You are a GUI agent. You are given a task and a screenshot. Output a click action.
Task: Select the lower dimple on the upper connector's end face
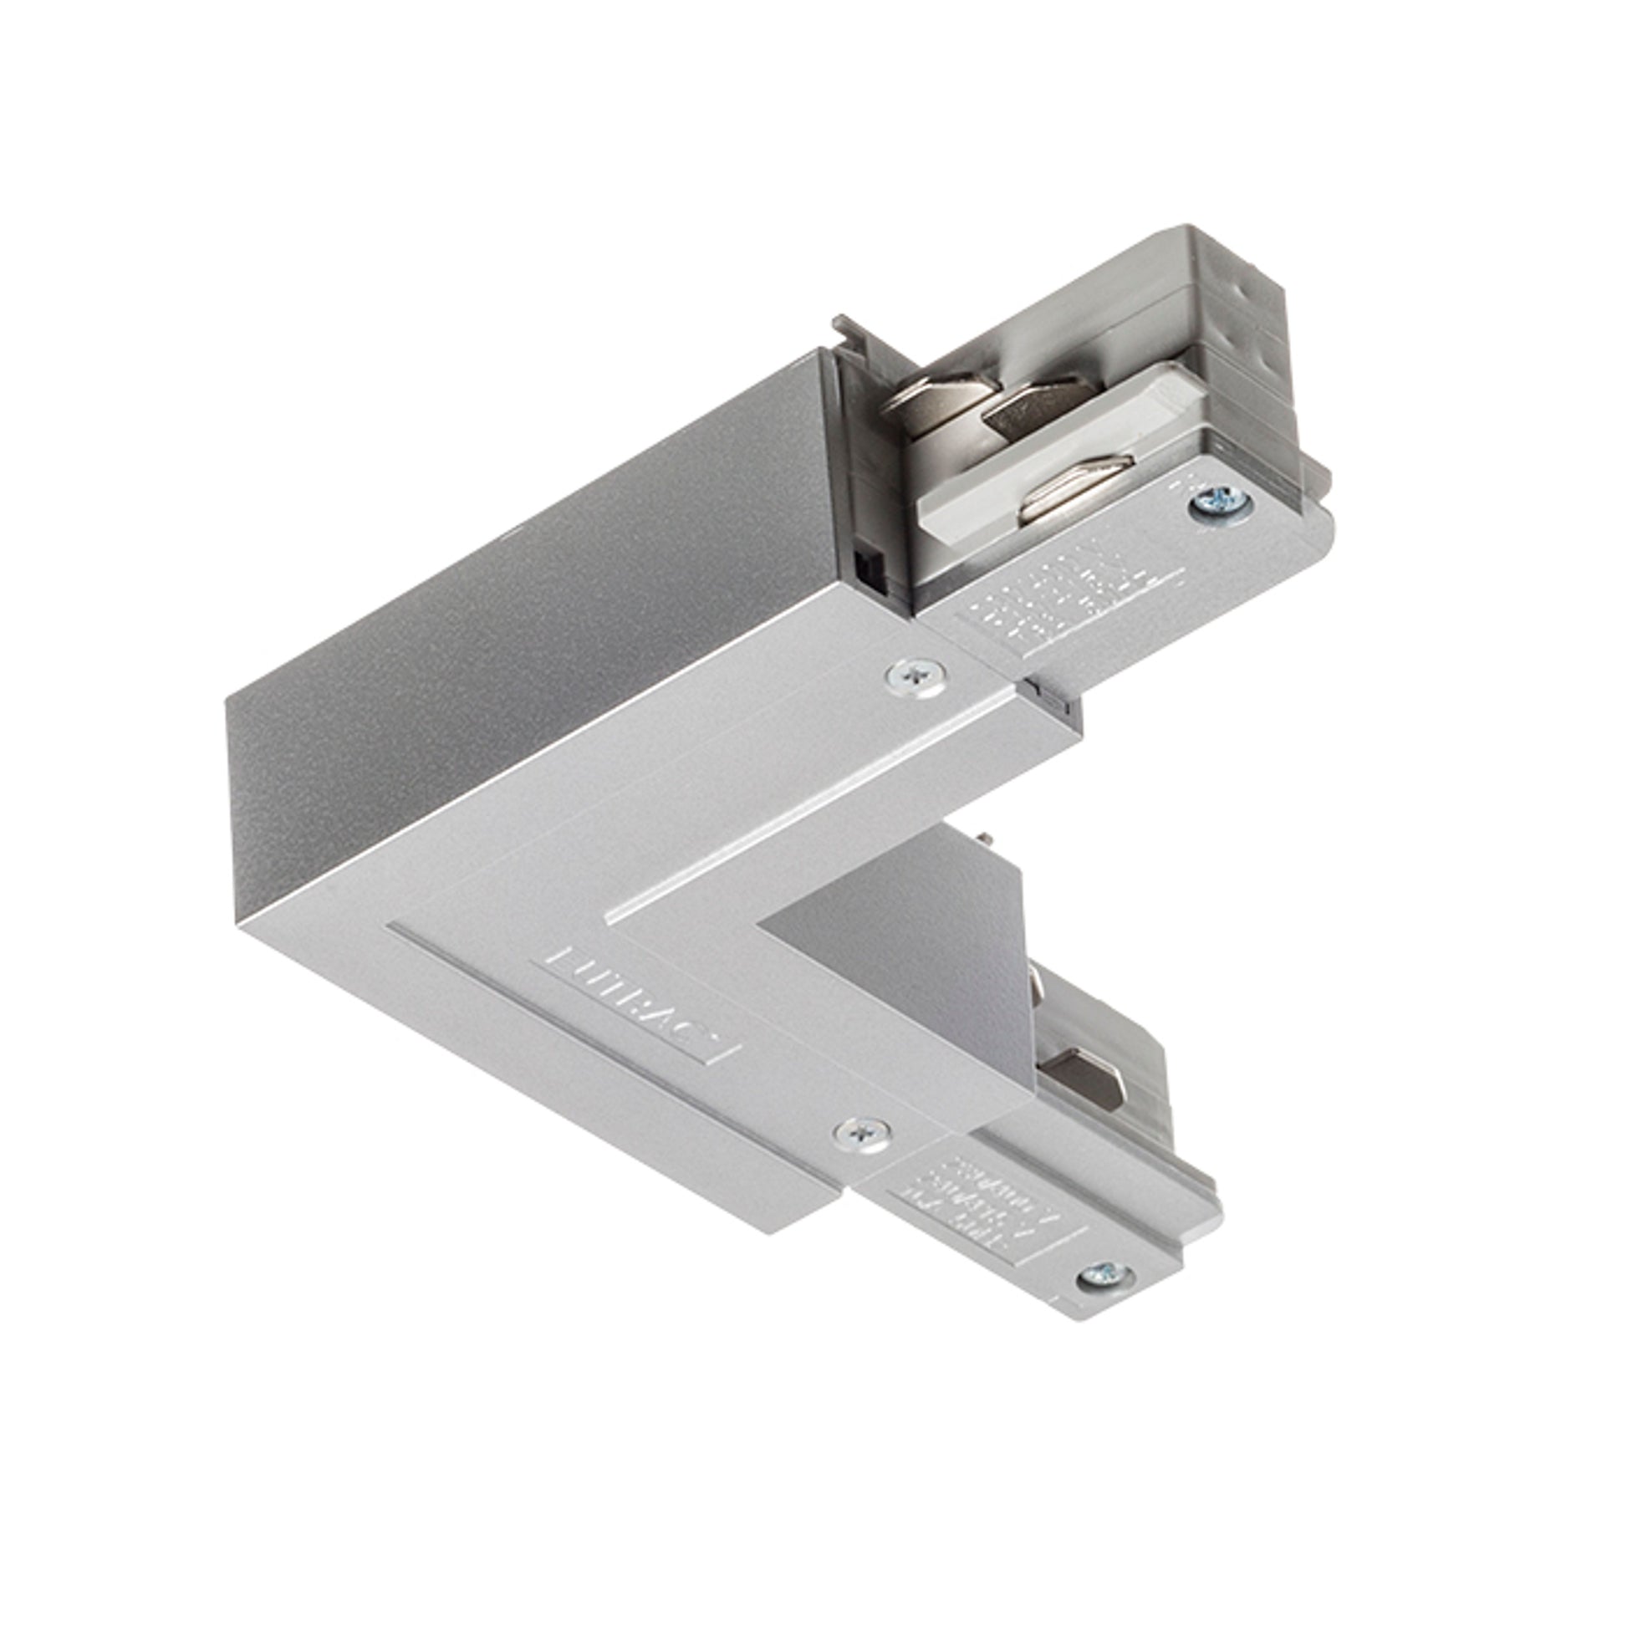[1261, 365]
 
